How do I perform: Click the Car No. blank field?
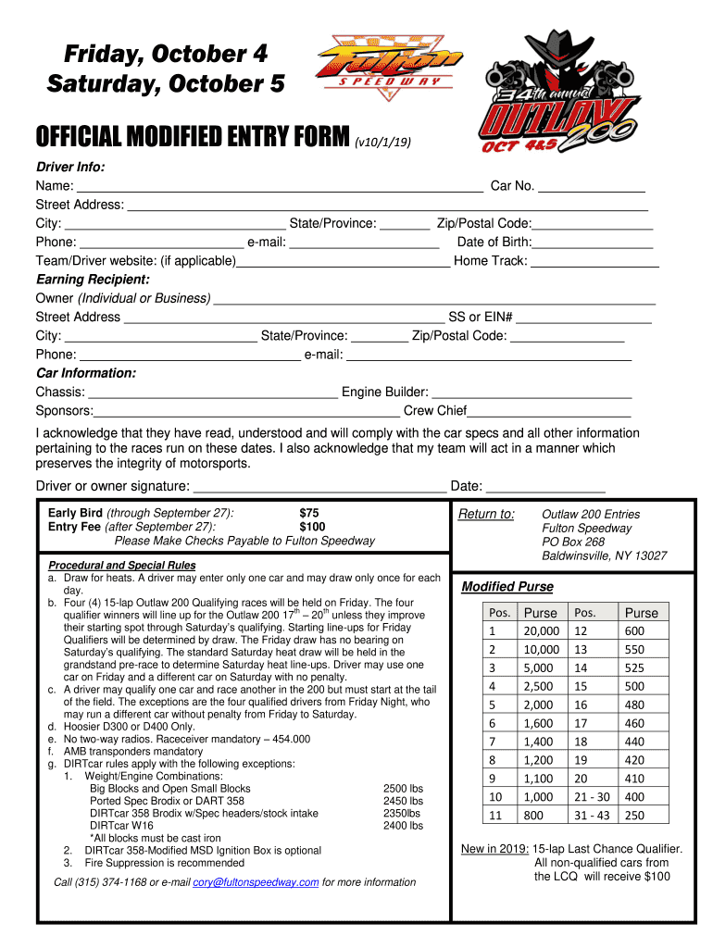tap(592, 186)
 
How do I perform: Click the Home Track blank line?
tap(594, 261)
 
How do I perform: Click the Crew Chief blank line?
tap(549, 411)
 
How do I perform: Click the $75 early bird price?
tap(308, 513)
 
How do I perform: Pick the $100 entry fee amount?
tap(312, 527)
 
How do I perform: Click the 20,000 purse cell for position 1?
tap(541, 630)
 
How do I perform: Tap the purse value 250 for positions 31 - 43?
tap(634, 816)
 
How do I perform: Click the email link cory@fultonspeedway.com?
tap(256, 882)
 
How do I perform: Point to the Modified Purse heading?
tap(507, 587)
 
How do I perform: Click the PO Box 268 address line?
tap(573, 542)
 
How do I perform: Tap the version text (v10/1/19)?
tap(382, 142)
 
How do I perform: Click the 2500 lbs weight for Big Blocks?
tap(403, 788)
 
